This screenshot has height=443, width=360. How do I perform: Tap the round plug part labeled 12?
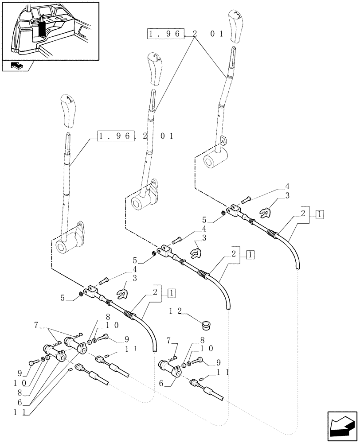205,326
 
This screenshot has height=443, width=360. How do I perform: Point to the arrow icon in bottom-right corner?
341,424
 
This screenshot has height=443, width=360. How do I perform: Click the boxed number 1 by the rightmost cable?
321,214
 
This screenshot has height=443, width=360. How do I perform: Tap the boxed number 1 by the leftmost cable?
172,293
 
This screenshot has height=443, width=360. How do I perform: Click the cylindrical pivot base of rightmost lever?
215,159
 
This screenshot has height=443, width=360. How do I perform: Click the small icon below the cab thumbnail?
17,66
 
